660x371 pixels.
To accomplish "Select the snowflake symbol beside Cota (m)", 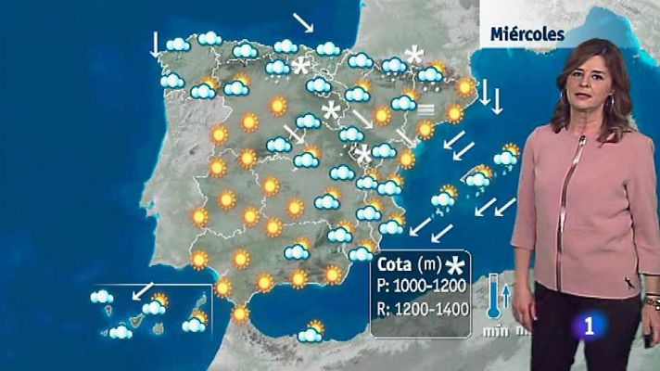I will [454, 267].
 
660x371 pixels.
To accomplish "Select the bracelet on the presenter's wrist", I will [652, 301].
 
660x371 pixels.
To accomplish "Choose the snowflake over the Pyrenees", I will [413, 56].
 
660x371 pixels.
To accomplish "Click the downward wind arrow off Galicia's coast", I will [156, 44].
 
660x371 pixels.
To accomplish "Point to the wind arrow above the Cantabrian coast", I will [304, 22].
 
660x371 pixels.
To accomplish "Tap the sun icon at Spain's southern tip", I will [241, 314].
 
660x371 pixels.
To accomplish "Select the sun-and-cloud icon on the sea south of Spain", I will [312, 329].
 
